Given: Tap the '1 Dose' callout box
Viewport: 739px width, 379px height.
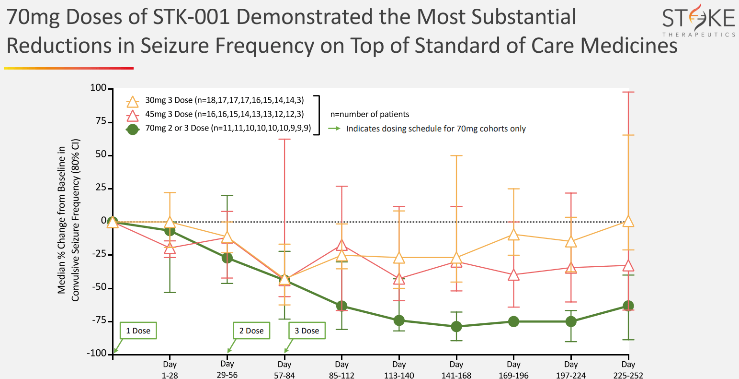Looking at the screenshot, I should click(138, 331).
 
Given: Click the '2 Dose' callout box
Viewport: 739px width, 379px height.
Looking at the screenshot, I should click(251, 331).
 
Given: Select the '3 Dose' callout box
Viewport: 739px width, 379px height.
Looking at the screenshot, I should click(307, 331).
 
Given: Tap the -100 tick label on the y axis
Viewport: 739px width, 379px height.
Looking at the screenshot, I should click(97, 354).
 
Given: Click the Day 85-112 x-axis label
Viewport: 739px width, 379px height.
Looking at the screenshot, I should click(341, 370).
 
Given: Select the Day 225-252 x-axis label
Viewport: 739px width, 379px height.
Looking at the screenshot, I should click(628, 370).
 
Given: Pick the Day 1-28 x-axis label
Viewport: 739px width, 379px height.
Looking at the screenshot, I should click(170, 370).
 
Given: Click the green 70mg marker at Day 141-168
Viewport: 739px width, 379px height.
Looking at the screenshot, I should click(456, 327).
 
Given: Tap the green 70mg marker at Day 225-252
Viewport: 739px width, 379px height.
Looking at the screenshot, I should click(628, 306).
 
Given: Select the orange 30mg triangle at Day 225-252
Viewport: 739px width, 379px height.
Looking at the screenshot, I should click(628, 221).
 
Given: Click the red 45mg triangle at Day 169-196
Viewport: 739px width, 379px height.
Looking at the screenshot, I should click(513, 275).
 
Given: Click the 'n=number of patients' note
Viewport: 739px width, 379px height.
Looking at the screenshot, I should click(370, 114).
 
